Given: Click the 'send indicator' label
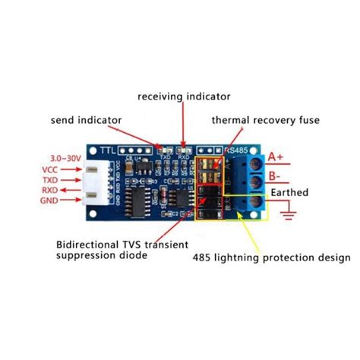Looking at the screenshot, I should click(86, 119).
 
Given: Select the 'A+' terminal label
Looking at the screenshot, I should click(275, 157).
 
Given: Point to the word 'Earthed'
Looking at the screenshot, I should click(290, 193).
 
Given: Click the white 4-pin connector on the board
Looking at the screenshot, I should click(94, 186).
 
